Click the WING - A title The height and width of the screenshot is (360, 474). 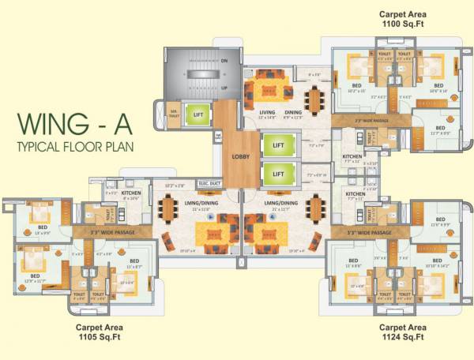[x=71, y=126]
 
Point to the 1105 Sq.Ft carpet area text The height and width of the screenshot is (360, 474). [x=99, y=332]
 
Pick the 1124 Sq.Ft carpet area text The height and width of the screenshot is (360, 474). [x=402, y=332]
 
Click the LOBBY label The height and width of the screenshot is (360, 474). [x=240, y=156]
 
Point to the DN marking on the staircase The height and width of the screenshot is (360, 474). [x=224, y=61]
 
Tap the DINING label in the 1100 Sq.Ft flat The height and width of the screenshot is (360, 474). [x=293, y=112]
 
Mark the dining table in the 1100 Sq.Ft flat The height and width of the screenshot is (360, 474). [x=315, y=99]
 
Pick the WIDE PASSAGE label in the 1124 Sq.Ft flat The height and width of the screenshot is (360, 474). [x=368, y=233]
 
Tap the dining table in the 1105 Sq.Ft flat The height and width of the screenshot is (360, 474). [x=167, y=209]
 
